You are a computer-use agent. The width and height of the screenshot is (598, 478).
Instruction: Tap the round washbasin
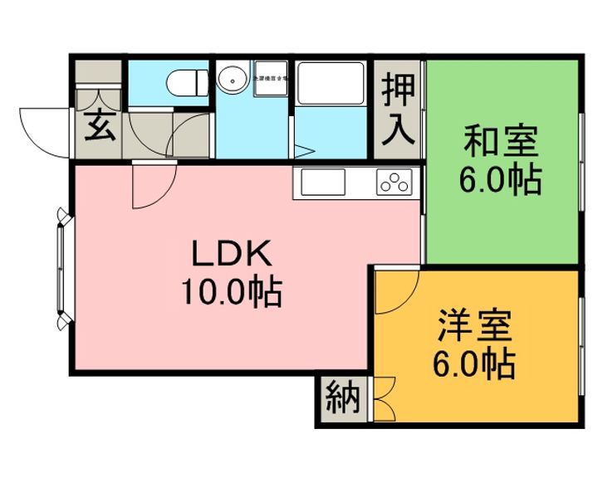click(232, 80)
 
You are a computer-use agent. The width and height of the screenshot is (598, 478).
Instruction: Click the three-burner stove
click(394, 182)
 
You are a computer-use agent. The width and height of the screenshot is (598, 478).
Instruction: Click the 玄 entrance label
click(99, 129)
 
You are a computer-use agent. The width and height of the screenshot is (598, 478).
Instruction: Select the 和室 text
click(500, 141)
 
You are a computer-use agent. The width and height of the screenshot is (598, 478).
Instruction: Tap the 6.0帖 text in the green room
click(501, 178)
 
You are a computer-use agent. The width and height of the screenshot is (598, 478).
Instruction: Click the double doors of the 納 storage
click(383, 401)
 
